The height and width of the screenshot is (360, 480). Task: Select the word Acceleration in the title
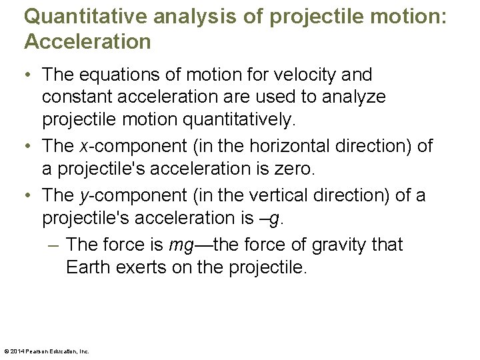[87, 43]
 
